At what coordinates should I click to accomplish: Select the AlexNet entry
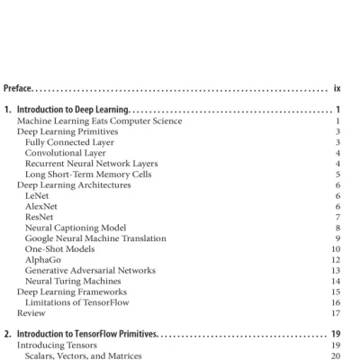(41, 206)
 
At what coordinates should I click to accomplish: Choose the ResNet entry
(40, 217)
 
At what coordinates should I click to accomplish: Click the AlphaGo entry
(42, 260)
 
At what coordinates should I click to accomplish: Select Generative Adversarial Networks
(90, 270)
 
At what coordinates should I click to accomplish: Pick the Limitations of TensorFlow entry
(76, 303)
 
